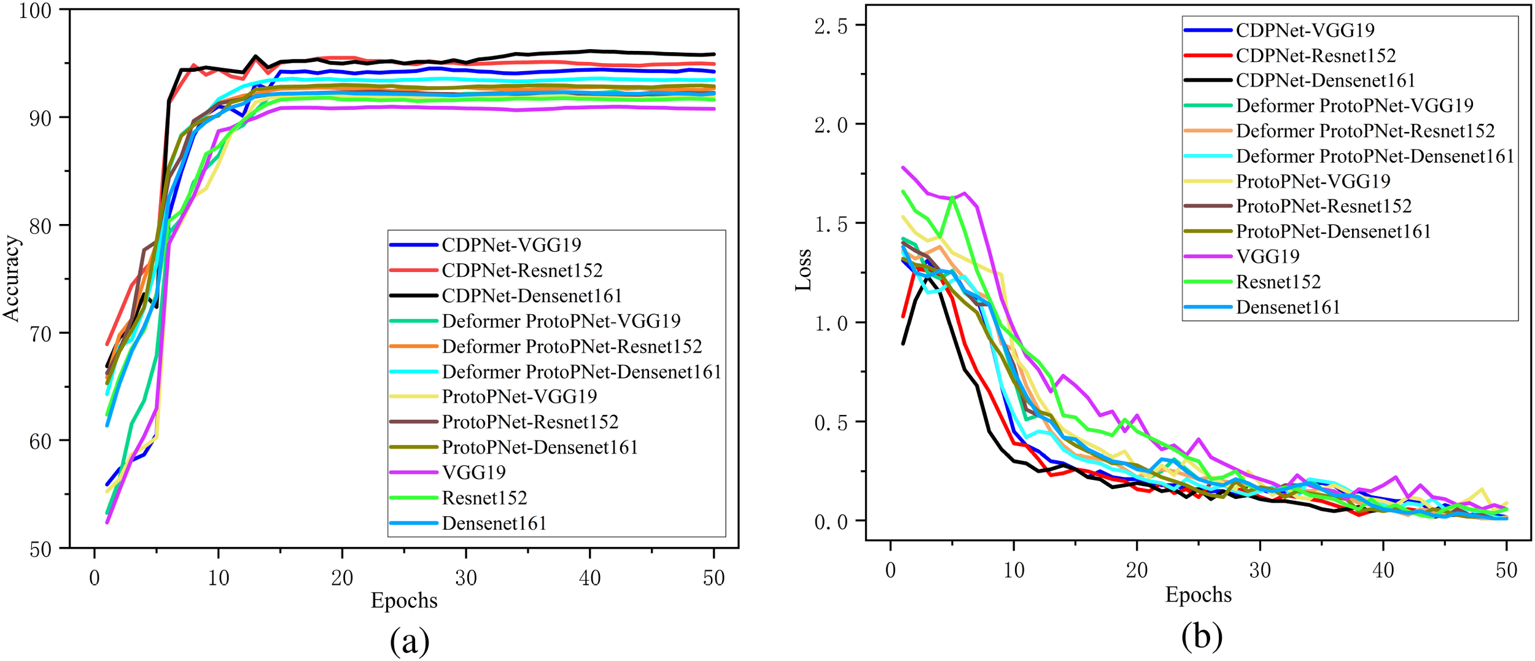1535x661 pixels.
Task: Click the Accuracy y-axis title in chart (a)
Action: pyautogui.click(x=12, y=279)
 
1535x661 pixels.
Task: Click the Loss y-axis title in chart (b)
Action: pyautogui.click(x=804, y=269)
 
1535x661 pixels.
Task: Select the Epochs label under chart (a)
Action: pyautogui.click(x=404, y=600)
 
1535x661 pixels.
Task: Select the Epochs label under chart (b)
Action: pyautogui.click(x=1199, y=595)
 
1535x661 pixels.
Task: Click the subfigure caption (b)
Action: pyautogui.click(x=1202, y=636)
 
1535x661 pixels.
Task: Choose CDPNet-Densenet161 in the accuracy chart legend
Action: pyautogui.click(x=532, y=296)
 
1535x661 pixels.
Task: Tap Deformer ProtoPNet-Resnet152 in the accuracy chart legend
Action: pyautogui.click(x=572, y=347)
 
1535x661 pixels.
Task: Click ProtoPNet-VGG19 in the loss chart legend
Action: pyautogui.click(x=1313, y=181)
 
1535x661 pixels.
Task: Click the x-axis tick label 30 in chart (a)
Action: pyautogui.click(x=466, y=578)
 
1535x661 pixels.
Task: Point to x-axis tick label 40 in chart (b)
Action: pyautogui.click(x=1383, y=571)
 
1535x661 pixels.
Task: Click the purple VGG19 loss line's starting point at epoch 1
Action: pyautogui.click(x=903, y=167)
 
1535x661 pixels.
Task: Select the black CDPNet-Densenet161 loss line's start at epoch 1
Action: pyautogui.click(x=903, y=344)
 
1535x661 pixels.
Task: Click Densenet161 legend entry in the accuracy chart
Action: pyautogui.click(x=494, y=524)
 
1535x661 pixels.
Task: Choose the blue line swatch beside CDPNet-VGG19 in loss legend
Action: pyautogui.click(x=1207, y=30)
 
